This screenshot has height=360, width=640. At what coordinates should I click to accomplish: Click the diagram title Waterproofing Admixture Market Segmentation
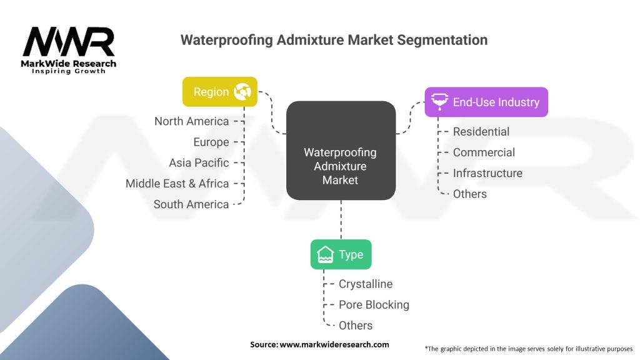[x=334, y=40]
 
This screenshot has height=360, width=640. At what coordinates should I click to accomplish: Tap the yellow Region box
[x=219, y=92]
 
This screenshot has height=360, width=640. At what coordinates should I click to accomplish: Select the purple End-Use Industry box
[x=486, y=102]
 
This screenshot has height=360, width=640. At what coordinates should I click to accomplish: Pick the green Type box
[x=341, y=254]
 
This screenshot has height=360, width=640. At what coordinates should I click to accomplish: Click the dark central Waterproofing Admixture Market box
[x=341, y=151]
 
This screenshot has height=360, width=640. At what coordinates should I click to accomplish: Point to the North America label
[x=191, y=121]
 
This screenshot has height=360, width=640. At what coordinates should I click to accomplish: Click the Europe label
[x=211, y=142]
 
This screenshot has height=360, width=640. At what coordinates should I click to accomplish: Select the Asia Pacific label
[x=199, y=162]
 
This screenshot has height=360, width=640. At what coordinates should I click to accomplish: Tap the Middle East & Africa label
[x=177, y=183]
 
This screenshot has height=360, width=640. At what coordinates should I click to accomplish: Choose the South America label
[x=191, y=204]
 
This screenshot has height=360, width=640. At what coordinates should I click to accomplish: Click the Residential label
[x=481, y=132]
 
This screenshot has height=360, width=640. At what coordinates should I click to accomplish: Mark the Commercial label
[x=484, y=152]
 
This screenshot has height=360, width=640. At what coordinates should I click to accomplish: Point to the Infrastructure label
[x=487, y=173]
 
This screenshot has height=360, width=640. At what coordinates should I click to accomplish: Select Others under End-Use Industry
[x=469, y=194]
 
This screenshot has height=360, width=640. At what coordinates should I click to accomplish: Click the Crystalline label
[x=366, y=284]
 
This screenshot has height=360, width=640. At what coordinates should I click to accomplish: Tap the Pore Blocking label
[x=374, y=304]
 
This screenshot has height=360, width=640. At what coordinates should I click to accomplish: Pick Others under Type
[x=356, y=325]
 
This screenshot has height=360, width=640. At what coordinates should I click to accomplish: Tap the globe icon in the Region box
[x=242, y=92]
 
